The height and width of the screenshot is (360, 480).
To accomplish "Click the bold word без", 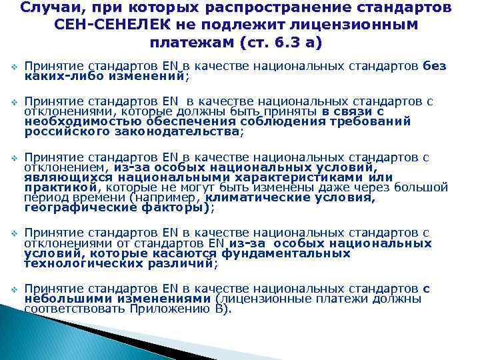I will [435, 67].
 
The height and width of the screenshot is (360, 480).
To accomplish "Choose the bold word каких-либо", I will [55, 76].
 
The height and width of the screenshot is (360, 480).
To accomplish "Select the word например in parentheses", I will [167, 198].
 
